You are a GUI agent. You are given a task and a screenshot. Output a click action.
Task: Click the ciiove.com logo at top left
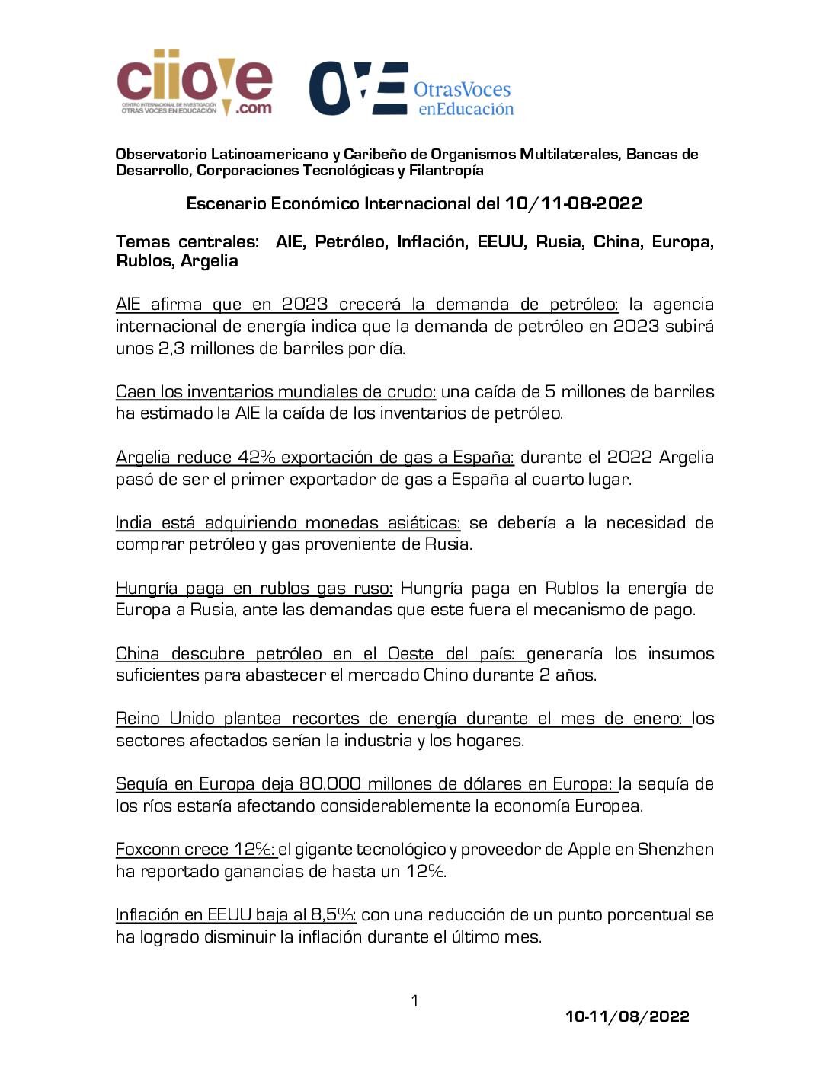tap(194, 82)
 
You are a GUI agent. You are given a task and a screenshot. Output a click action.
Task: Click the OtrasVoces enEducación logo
tap(411, 89)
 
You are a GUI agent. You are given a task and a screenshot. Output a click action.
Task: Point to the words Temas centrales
tap(187, 242)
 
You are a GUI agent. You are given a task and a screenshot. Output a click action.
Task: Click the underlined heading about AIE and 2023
tap(366, 305)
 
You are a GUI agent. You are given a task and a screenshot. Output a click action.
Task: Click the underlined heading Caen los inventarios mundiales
tap(275, 392)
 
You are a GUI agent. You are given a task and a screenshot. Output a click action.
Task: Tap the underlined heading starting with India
tap(287, 523)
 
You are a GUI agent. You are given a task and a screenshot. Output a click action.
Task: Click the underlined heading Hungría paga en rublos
tap(254, 589)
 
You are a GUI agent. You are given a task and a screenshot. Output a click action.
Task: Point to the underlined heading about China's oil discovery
tap(319, 654)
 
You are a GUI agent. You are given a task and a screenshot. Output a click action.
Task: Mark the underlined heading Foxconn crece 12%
tap(194, 850)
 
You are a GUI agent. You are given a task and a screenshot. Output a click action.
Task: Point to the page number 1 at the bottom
tap(414, 1000)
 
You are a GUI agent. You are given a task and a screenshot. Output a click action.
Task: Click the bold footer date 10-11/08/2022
tap(626, 1016)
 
